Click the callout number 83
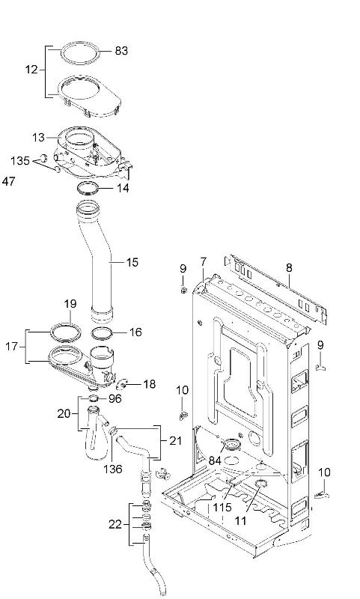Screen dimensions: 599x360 pos(121,51)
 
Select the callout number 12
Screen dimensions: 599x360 pos(31,69)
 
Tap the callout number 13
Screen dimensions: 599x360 pos(38,137)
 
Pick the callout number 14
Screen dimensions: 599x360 pos(121,188)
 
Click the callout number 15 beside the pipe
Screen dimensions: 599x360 pos(132,262)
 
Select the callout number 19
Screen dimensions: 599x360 pos(70,304)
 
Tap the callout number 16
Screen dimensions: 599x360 pos(135,331)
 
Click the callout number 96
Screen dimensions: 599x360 pos(115,398)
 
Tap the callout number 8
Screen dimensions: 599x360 pos(288,267)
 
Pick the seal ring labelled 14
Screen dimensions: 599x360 pos(88,186)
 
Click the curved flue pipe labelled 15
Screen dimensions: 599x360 pos(99,262)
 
